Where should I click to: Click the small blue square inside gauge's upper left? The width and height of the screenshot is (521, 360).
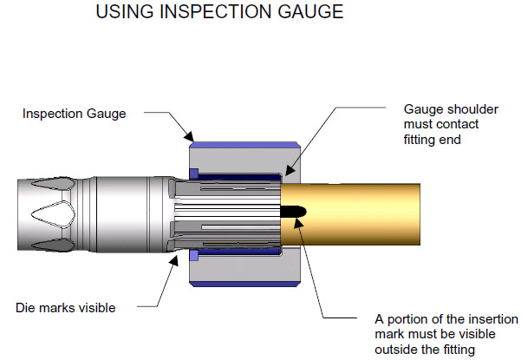point(194,170)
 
